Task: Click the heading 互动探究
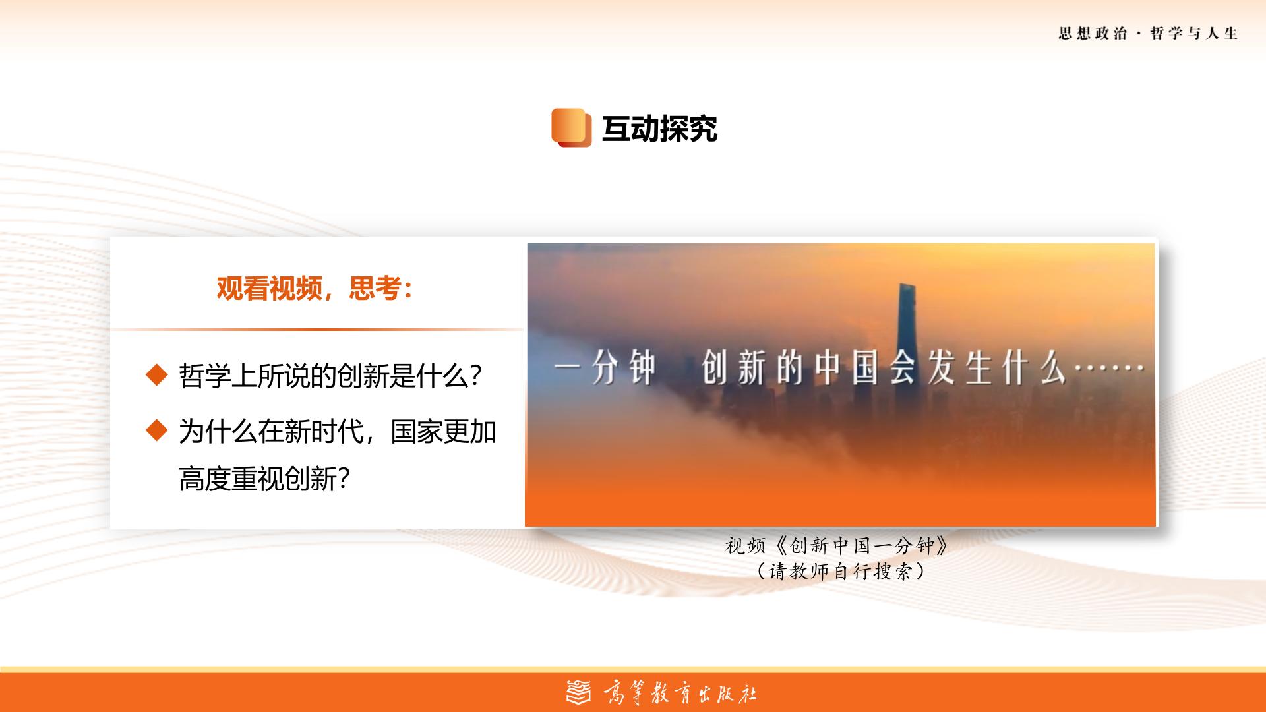(x=659, y=129)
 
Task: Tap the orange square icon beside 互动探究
(x=571, y=127)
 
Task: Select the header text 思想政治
(x=1093, y=34)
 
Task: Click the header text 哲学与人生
(x=1194, y=34)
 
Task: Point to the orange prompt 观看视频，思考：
(x=315, y=288)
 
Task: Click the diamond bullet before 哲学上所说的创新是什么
(x=157, y=375)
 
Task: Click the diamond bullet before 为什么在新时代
(x=157, y=430)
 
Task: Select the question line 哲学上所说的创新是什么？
(x=330, y=376)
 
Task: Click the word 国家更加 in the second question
(x=443, y=432)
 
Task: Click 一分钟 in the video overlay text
(x=605, y=369)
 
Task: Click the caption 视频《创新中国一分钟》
(x=837, y=545)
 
